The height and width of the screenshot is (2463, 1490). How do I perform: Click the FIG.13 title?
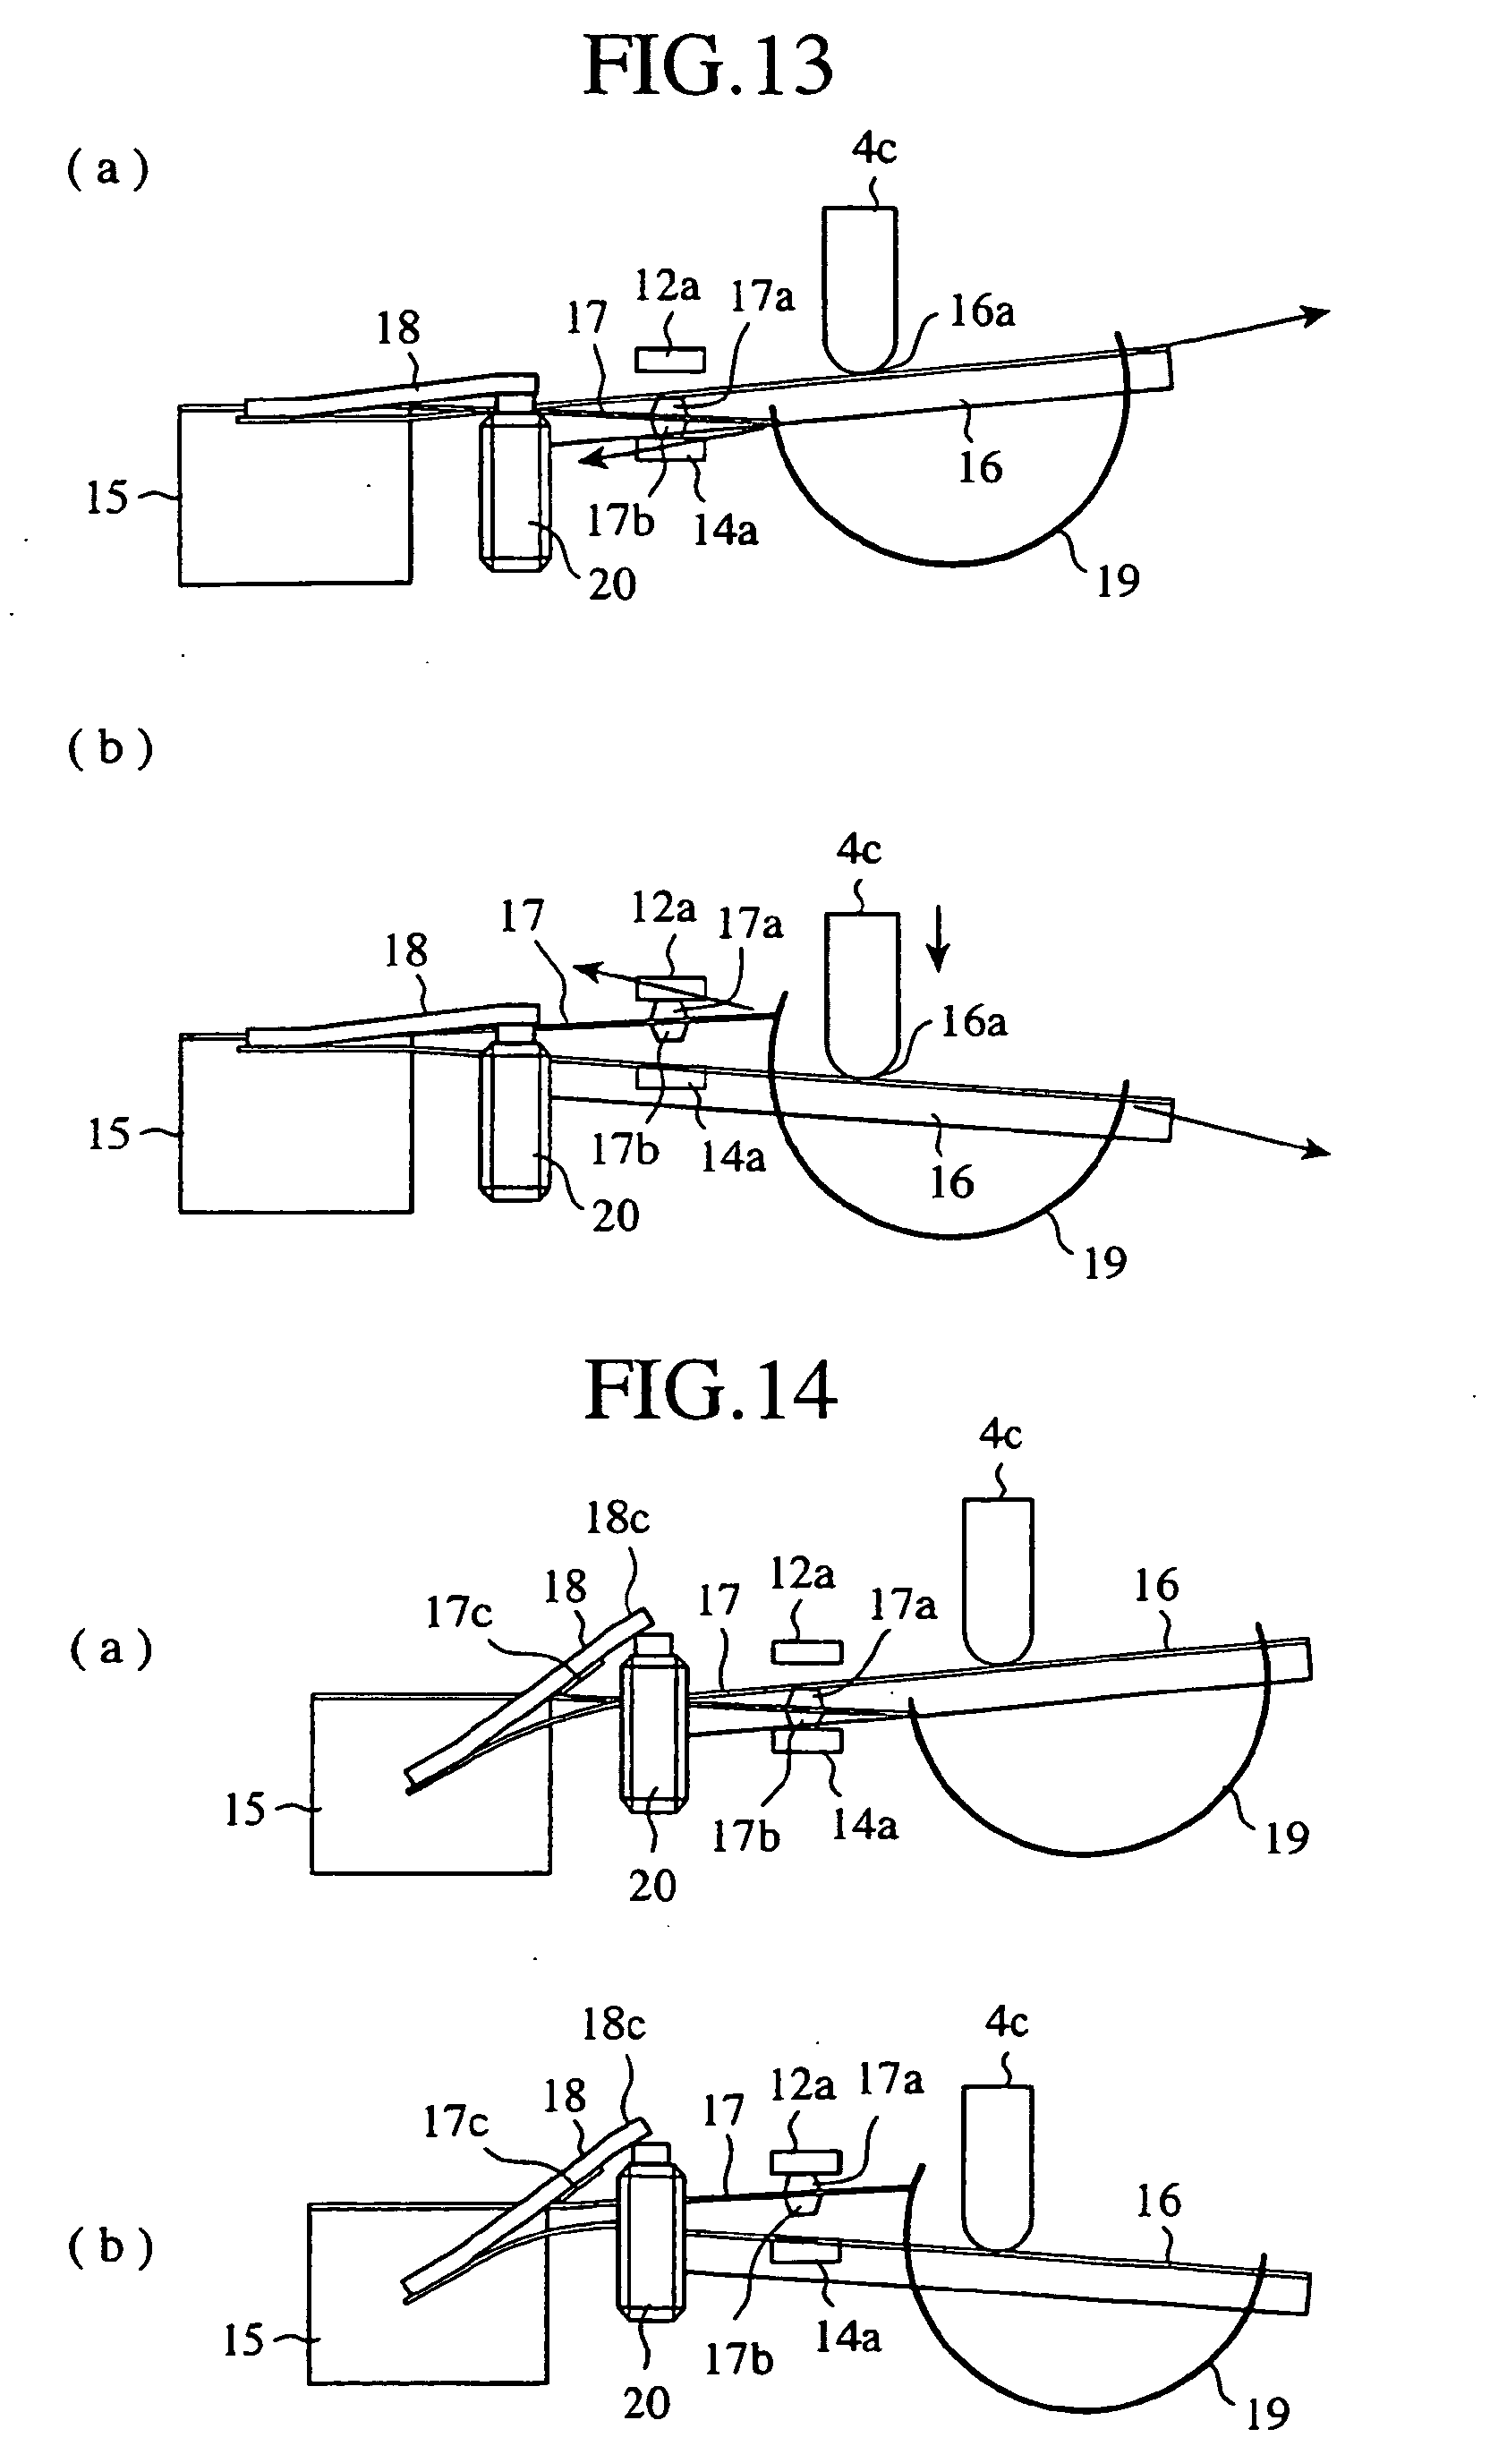tap(708, 66)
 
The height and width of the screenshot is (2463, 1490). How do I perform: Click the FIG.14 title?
tap(710, 1391)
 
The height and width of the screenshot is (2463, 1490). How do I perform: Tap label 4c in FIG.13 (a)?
tap(873, 148)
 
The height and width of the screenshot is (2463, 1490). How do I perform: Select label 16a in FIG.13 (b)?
tap(974, 1021)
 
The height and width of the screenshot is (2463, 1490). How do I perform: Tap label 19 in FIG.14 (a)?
tap(1286, 1837)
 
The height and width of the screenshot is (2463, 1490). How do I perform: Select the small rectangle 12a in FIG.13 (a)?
tap(669, 359)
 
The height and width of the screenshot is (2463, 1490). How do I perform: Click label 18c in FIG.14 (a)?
tap(617, 1519)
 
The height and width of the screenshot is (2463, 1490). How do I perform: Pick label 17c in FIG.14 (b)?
tap(455, 2120)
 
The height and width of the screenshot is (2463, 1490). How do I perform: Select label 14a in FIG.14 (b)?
tap(847, 2336)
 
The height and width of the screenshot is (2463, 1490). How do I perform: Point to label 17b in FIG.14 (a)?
tap(745, 1836)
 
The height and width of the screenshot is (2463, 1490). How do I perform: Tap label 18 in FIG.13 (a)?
tap(397, 328)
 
